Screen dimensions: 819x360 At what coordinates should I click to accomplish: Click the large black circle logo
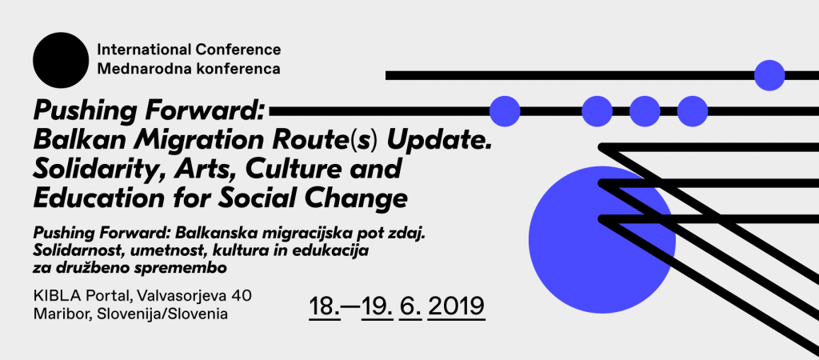(x=61, y=60)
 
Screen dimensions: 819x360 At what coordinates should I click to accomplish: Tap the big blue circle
(x=602, y=240)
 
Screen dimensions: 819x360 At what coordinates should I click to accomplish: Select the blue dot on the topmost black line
(x=769, y=75)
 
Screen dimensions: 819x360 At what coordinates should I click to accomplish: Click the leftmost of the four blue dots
(x=505, y=111)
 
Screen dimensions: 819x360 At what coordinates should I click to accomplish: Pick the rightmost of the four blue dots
(x=693, y=111)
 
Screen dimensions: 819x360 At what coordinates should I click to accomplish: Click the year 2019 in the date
(x=457, y=306)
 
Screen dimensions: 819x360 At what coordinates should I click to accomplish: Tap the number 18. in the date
(x=325, y=306)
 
